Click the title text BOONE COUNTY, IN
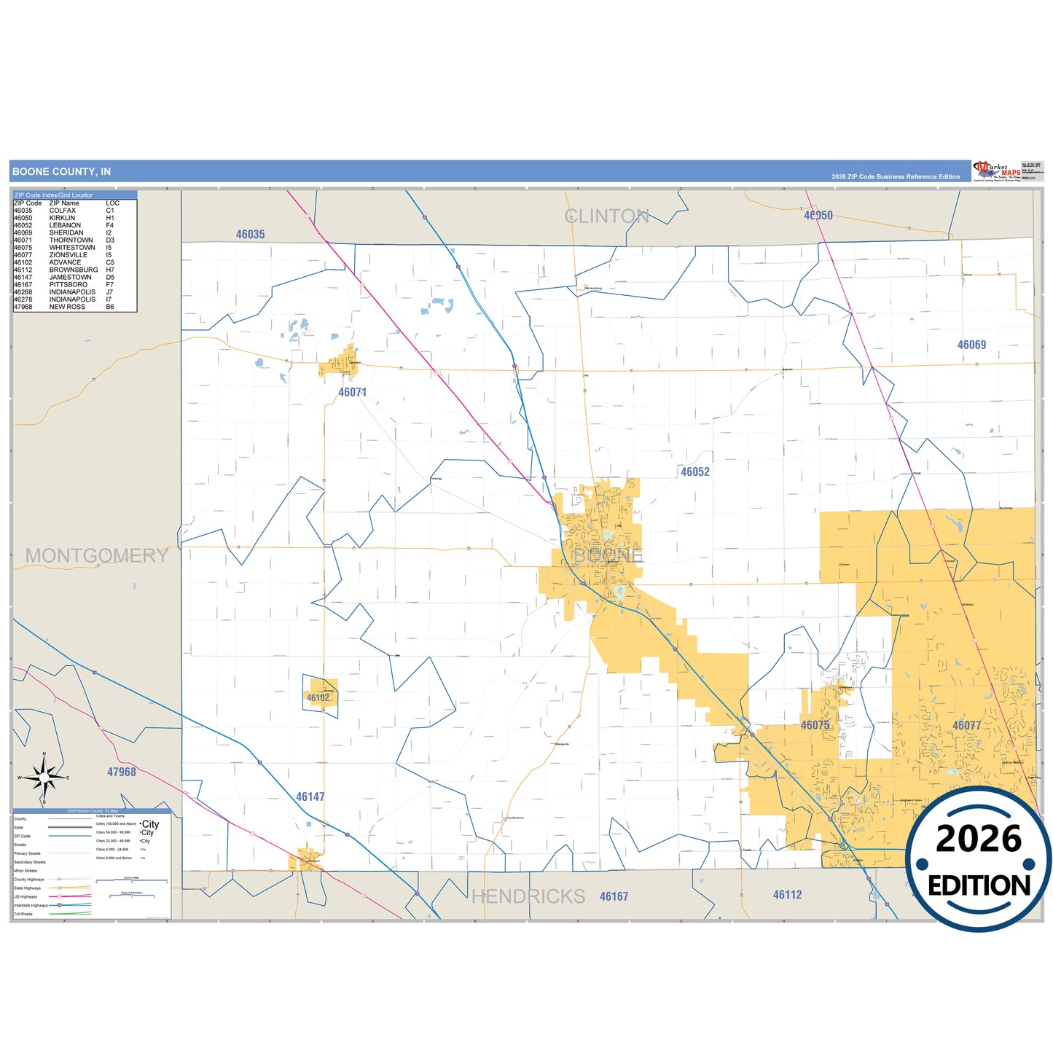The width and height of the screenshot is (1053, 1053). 61,172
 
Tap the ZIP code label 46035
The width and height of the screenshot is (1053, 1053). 250,235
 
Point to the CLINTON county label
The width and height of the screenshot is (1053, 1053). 606,216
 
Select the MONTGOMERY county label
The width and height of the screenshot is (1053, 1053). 96,556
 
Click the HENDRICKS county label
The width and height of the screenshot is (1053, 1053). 528,896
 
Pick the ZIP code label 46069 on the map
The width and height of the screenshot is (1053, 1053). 971,345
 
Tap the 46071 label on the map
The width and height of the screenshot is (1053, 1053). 352,393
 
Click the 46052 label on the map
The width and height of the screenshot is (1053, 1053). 694,472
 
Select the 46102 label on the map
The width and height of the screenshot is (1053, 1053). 318,698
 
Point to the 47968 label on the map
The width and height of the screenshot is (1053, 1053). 121,772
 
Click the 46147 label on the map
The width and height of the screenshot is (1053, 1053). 310,797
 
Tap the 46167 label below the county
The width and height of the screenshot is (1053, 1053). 614,897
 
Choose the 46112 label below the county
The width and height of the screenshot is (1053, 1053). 787,895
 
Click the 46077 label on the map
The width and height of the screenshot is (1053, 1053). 966,726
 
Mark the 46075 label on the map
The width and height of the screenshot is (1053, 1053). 815,726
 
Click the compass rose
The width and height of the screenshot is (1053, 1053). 44,778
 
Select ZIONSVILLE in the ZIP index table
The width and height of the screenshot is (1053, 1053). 68,255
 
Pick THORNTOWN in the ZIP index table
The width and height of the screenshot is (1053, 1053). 71,240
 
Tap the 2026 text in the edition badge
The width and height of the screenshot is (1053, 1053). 979,839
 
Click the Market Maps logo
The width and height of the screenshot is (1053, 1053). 997,171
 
